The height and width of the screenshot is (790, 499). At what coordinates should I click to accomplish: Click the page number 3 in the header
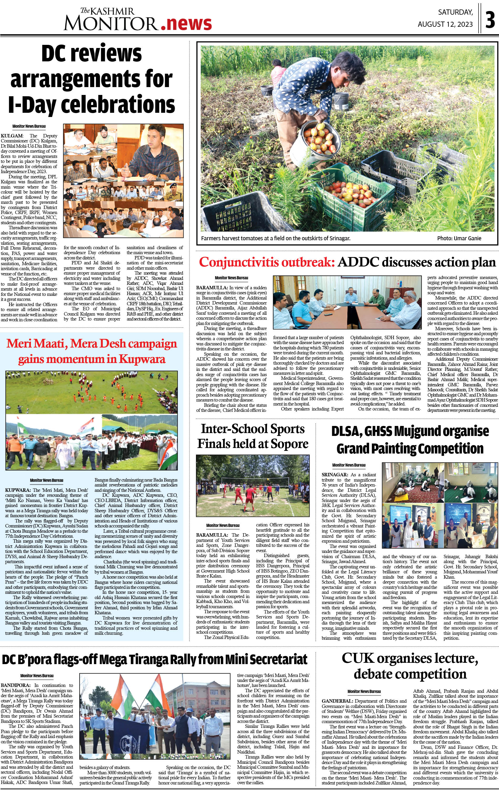[490, 20]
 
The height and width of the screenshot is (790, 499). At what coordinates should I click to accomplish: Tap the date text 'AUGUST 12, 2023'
[445, 24]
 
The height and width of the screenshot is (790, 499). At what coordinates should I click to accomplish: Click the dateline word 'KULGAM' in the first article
[12, 136]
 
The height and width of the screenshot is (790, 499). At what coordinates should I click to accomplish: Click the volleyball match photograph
[252, 485]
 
